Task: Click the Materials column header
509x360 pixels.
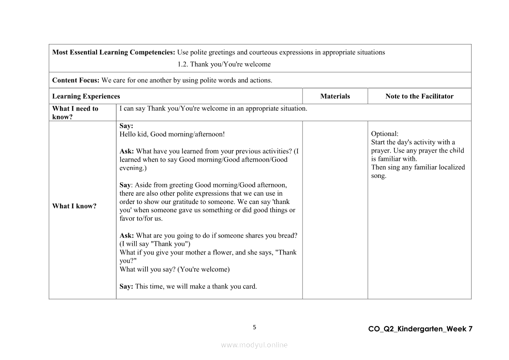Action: (x=335, y=96)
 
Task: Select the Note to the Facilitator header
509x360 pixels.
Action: (x=419, y=96)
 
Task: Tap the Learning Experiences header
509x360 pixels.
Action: (x=86, y=96)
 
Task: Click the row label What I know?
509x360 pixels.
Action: (x=74, y=206)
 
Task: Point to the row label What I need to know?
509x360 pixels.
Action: (x=75, y=112)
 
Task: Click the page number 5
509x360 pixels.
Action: (x=255, y=327)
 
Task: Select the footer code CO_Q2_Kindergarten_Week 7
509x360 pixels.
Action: (x=420, y=329)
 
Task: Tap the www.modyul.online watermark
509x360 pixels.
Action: (x=254, y=345)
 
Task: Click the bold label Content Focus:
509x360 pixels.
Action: (x=76, y=80)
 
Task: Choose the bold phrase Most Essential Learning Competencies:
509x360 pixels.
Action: (x=114, y=52)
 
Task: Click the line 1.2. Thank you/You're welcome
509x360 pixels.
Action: (x=224, y=64)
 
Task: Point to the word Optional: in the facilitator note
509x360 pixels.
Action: (x=384, y=134)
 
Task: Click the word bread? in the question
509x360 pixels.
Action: (x=287, y=235)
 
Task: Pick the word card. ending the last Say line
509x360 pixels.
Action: (x=248, y=286)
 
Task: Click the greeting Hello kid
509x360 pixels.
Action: (x=133, y=134)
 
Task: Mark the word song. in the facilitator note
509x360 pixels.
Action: (x=378, y=176)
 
